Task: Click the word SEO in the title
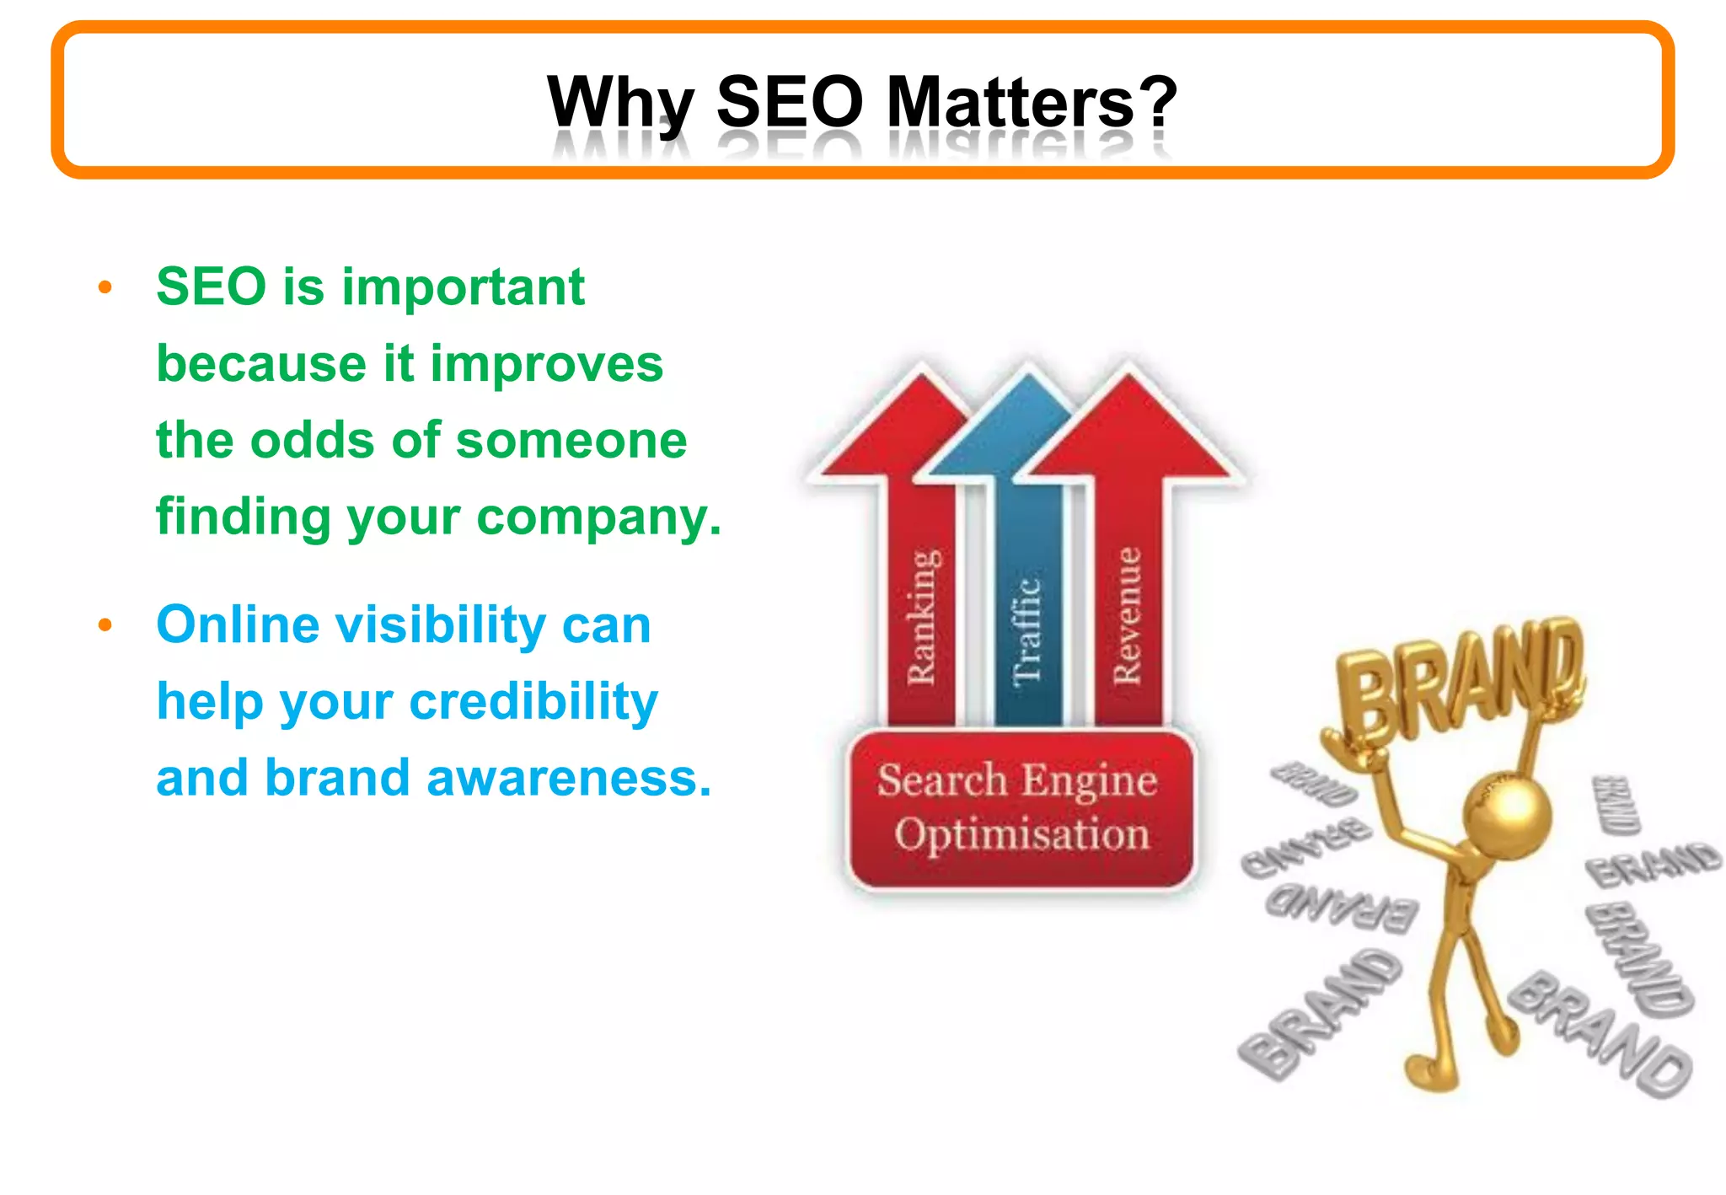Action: (x=790, y=102)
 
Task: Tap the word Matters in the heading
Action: (x=1010, y=102)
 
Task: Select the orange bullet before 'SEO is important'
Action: (x=105, y=287)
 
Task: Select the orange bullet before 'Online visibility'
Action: (x=105, y=625)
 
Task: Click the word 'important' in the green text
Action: (x=463, y=287)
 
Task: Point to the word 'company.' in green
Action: (x=599, y=517)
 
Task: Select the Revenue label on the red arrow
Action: (x=1128, y=616)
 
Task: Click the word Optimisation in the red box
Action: (x=1021, y=835)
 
